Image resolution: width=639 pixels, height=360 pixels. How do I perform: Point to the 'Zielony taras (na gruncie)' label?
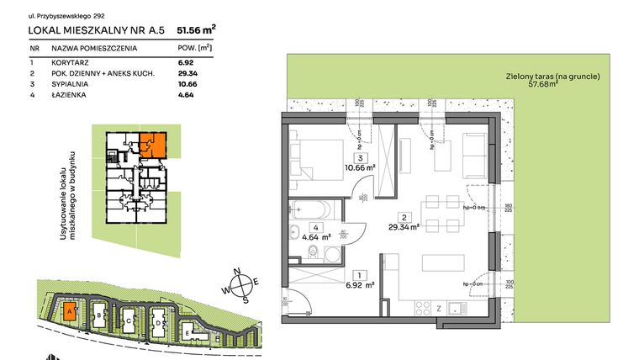click(x=552, y=76)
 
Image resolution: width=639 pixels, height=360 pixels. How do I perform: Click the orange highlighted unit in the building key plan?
click(x=152, y=145)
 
